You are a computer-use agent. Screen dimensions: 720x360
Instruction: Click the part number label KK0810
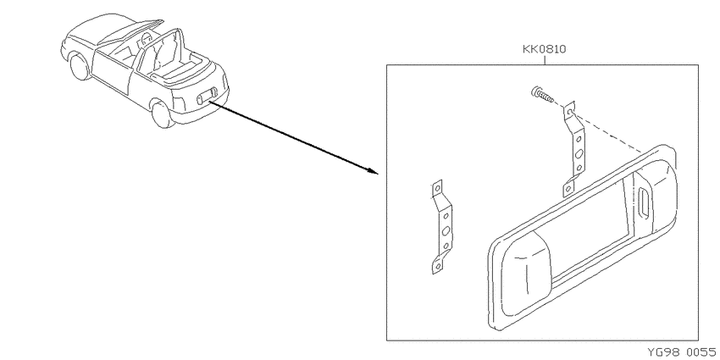coord(544,48)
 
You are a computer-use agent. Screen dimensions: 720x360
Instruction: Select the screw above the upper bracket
coord(542,95)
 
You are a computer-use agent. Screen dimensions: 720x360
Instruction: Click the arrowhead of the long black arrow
coord(372,171)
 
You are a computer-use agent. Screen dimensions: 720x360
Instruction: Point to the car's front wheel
coord(79,67)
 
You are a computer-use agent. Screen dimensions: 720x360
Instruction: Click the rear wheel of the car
coord(162,114)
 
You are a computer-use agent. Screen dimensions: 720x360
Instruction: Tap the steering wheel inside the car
coord(146,40)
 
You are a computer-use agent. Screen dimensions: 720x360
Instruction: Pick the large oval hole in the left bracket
coord(446,231)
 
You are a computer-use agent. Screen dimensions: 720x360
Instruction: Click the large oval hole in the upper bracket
coord(579,153)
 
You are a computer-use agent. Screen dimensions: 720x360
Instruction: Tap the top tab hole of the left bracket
coord(437,187)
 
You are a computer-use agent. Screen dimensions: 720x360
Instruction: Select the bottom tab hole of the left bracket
coord(438,266)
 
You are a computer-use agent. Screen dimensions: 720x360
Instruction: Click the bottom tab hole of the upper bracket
coord(568,188)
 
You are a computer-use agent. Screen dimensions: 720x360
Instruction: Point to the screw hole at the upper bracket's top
coord(569,111)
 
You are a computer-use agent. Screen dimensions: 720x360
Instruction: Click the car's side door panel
coord(113,69)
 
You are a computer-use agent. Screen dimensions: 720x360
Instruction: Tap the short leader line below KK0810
coord(544,59)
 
